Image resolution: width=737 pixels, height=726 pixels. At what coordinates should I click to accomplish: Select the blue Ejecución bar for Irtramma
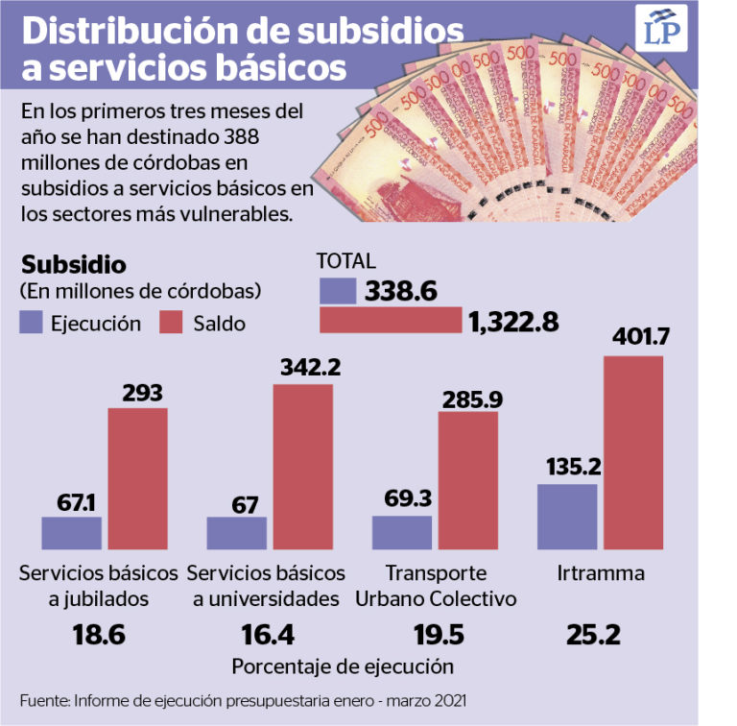(567, 520)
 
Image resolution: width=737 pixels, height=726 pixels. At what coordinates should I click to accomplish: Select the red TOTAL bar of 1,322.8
(390, 321)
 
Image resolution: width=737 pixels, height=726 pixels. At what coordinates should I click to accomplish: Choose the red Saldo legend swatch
(173, 323)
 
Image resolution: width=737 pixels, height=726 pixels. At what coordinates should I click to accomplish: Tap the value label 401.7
(632, 337)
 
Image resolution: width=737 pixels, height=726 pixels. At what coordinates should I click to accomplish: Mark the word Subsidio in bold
(73, 264)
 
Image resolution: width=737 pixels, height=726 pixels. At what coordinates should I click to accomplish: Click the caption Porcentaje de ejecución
(342, 665)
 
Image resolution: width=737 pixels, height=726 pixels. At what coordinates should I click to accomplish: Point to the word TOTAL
(346, 261)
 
